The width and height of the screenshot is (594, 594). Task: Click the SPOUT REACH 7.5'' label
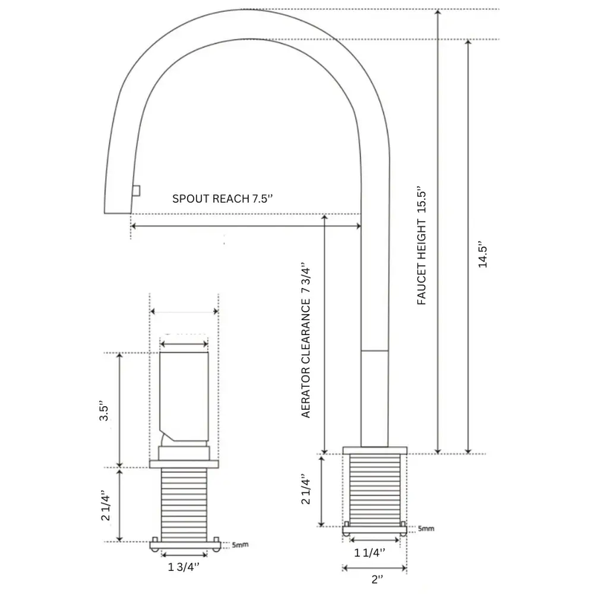[x=222, y=198]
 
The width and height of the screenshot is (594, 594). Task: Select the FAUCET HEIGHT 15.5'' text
[x=422, y=246]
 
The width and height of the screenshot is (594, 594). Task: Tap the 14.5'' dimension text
[x=483, y=254]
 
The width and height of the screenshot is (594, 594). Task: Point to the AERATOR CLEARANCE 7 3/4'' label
[x=306, y=340]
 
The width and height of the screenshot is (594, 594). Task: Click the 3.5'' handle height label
[x=104, y=410]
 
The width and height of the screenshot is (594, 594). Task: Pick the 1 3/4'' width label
[x=183, y=567]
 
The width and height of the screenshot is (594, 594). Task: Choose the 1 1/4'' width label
[x=370, y=552]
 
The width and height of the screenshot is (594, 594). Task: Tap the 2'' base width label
[x=377, y=579]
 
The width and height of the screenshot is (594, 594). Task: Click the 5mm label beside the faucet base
[x=425, y=528]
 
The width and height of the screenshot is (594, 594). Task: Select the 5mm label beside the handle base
[x=240, y=545]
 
